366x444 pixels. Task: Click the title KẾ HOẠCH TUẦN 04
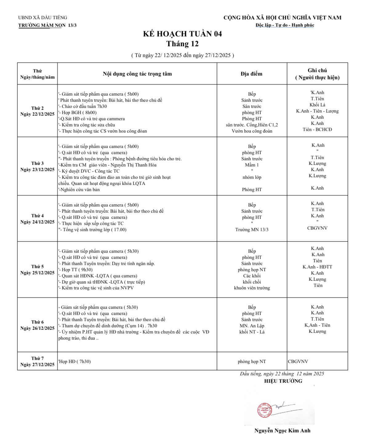click(182, 34)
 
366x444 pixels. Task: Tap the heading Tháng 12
click(182, 44)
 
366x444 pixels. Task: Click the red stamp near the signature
click(263, 410)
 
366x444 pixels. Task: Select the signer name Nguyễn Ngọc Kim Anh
click(282, 430)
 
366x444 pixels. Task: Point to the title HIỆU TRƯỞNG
click(283, 381)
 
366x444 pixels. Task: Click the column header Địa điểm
click(251, 74)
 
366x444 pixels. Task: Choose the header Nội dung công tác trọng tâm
click(137, 74)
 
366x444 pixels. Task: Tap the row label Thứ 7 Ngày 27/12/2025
click(37, 361)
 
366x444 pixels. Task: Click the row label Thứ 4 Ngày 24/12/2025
click(37, 219)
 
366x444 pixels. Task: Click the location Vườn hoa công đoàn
click(252, 131)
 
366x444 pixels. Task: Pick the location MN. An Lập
click(252, 326)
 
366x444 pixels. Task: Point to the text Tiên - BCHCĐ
click(317, 129)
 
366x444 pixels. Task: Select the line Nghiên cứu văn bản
click(80, 189)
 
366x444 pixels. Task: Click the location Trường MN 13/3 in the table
click(252, 230)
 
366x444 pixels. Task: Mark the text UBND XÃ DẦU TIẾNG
click(42, 18)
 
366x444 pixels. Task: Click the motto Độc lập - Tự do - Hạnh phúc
click(285, 25)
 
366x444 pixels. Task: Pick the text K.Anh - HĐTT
click(317, 267)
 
